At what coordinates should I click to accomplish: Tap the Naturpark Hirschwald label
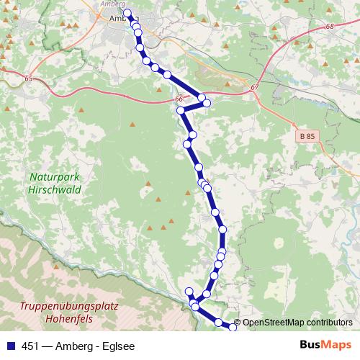[x=55, y=183]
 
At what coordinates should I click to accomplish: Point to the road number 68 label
[x=330, y=27]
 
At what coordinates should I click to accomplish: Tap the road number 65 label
[x=29, y=78]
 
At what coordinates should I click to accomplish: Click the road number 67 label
[x=255, y=87]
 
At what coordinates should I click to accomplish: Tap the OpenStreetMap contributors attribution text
[x=297, y=323]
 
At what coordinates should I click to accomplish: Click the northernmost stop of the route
[x=127, y=13]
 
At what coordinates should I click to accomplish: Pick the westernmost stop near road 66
[x=181, y=110]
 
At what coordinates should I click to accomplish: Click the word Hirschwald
[x=55, y=189]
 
